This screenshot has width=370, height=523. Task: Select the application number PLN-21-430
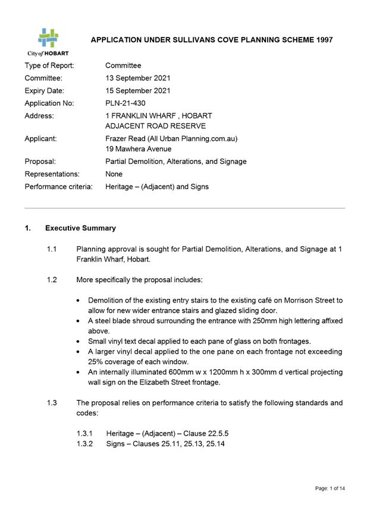tap(127, 103)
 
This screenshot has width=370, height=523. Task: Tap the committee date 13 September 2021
tap(138, 78)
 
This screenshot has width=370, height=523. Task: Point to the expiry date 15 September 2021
tap(138, 90)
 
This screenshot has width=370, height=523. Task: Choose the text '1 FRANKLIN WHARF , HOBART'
tap(158, 115)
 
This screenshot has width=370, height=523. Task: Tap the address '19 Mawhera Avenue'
tap(139, 149)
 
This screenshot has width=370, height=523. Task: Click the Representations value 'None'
tap(114, 174)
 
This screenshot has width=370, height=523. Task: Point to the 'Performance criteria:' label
tap(58, 187)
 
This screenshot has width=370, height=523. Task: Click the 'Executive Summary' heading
tap(80, 228)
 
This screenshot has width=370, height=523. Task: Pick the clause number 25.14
tap(216, 444)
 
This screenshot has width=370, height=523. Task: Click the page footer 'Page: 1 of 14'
tap(330, 489)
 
